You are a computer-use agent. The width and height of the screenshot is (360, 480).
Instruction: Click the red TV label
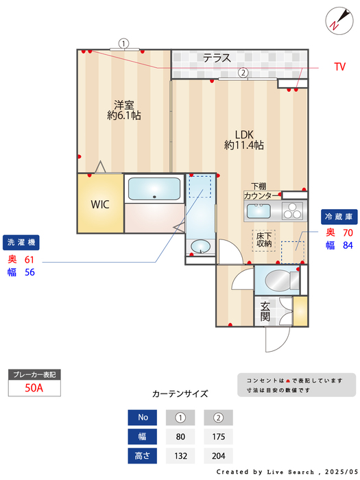pos(339,67)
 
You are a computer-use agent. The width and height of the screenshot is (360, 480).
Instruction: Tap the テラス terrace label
pos(217,58)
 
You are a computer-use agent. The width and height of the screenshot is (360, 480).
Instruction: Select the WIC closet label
pos(100,204)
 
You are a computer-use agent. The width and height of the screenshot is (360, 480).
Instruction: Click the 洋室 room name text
pos(124,105)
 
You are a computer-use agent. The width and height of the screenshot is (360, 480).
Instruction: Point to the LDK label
pos(244,134)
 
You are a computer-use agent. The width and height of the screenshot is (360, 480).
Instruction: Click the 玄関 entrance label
pos(265,312)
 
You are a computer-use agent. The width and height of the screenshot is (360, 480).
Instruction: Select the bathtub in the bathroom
pos(153,189)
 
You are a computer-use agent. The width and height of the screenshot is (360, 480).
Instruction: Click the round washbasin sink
pos(200,246)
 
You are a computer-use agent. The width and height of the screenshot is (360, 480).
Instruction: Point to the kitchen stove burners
pos(292,210)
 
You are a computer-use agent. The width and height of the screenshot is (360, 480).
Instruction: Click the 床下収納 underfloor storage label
pos(264,239)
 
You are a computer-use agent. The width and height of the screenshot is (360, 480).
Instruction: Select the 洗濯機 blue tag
pos(23,242)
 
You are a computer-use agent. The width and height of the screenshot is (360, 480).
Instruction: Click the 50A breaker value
pos(34,387)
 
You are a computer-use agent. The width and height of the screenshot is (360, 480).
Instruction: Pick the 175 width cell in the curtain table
pos(218,436)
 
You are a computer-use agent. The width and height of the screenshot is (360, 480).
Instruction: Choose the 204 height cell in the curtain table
pos(218,455)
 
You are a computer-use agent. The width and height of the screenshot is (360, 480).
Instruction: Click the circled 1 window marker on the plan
pos(123,43)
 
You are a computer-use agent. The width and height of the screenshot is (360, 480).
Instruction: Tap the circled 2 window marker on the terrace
pos(242,72)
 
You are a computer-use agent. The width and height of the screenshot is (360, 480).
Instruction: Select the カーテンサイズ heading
pos(180,394)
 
